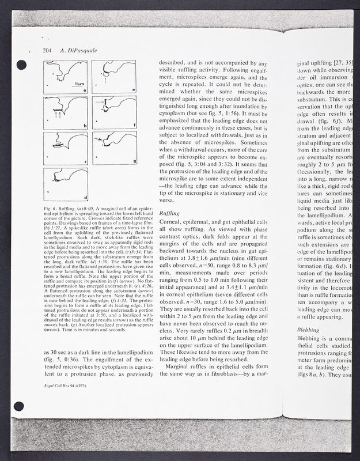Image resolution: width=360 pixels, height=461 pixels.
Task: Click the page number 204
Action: pos(48,51)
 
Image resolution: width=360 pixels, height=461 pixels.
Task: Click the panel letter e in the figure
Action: pos(133,90)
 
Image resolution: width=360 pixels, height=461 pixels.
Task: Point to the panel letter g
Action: pos(133,161)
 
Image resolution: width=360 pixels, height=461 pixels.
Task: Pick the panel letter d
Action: pos(85,197)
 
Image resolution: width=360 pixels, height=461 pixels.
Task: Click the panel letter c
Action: pos(85,162)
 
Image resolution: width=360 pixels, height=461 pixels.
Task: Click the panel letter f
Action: pos(133,126)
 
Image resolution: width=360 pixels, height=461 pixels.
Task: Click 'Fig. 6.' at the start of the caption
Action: pos(49,208)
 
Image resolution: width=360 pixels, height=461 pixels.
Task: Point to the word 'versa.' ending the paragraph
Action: pos(166,202)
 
